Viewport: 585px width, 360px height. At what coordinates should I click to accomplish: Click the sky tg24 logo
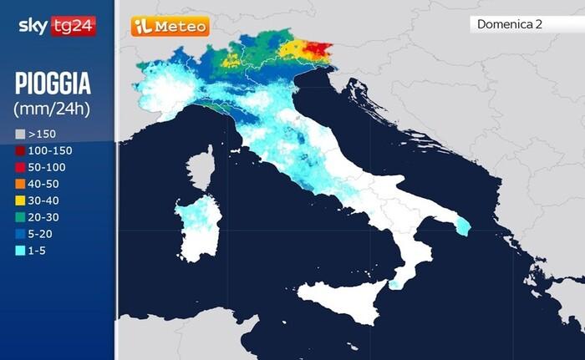point(57,26)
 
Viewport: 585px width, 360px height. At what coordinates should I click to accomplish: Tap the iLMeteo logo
point(170,27)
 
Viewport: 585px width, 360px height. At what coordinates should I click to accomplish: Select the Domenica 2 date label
point(510,24)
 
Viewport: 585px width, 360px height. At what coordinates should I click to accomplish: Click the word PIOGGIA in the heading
point(53,84)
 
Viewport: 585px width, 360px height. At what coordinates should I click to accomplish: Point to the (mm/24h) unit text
point(52,109)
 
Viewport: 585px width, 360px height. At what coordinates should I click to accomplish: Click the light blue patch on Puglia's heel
point(462,226)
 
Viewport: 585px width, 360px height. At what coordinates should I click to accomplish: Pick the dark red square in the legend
point(21,150)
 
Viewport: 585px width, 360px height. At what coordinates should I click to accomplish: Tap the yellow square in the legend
point(21,200)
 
